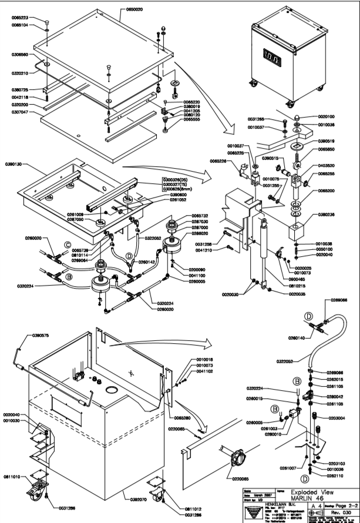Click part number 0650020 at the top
pyautogui.click(x=137, y=10)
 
